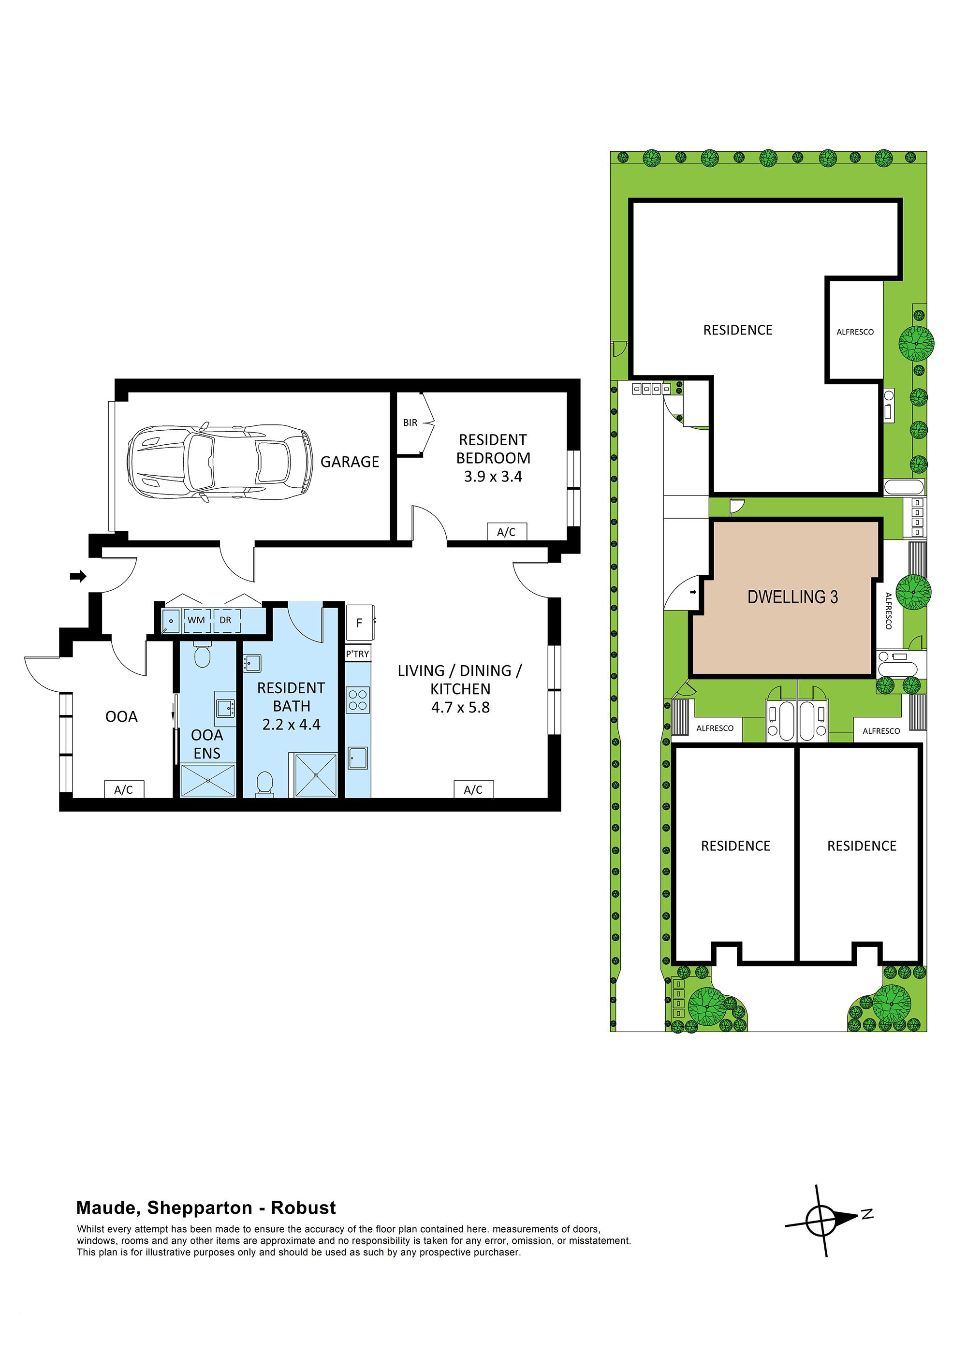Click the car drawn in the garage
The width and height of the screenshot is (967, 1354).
tap(220, 462)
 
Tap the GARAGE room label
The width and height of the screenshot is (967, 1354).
tap(350, 462)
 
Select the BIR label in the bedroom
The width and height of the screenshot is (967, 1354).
tap(410, 422)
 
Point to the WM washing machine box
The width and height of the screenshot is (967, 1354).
tap(196, 620)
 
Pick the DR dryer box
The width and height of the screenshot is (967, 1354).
tap(226, 620)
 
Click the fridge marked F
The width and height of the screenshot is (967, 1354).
tap(359, 623)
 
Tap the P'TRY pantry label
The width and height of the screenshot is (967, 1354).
tap(358, 654)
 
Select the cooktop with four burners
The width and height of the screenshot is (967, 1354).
tap(358, 699)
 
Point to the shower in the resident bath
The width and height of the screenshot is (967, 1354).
tap(316, 775)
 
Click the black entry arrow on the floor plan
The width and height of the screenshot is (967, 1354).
tap(78, 576)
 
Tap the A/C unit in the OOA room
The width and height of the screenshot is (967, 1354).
tap(124, 790)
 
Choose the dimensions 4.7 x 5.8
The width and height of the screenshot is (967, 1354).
tap(460, 707)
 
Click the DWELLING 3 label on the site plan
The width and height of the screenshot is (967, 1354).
tap(792, 597)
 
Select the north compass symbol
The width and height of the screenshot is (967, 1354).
tap(825, 1220)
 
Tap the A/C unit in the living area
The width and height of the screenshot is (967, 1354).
tap(473, 790)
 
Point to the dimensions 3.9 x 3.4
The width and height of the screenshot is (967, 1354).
tap(493, 476)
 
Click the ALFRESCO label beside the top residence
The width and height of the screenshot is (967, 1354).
tap(855, 332)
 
